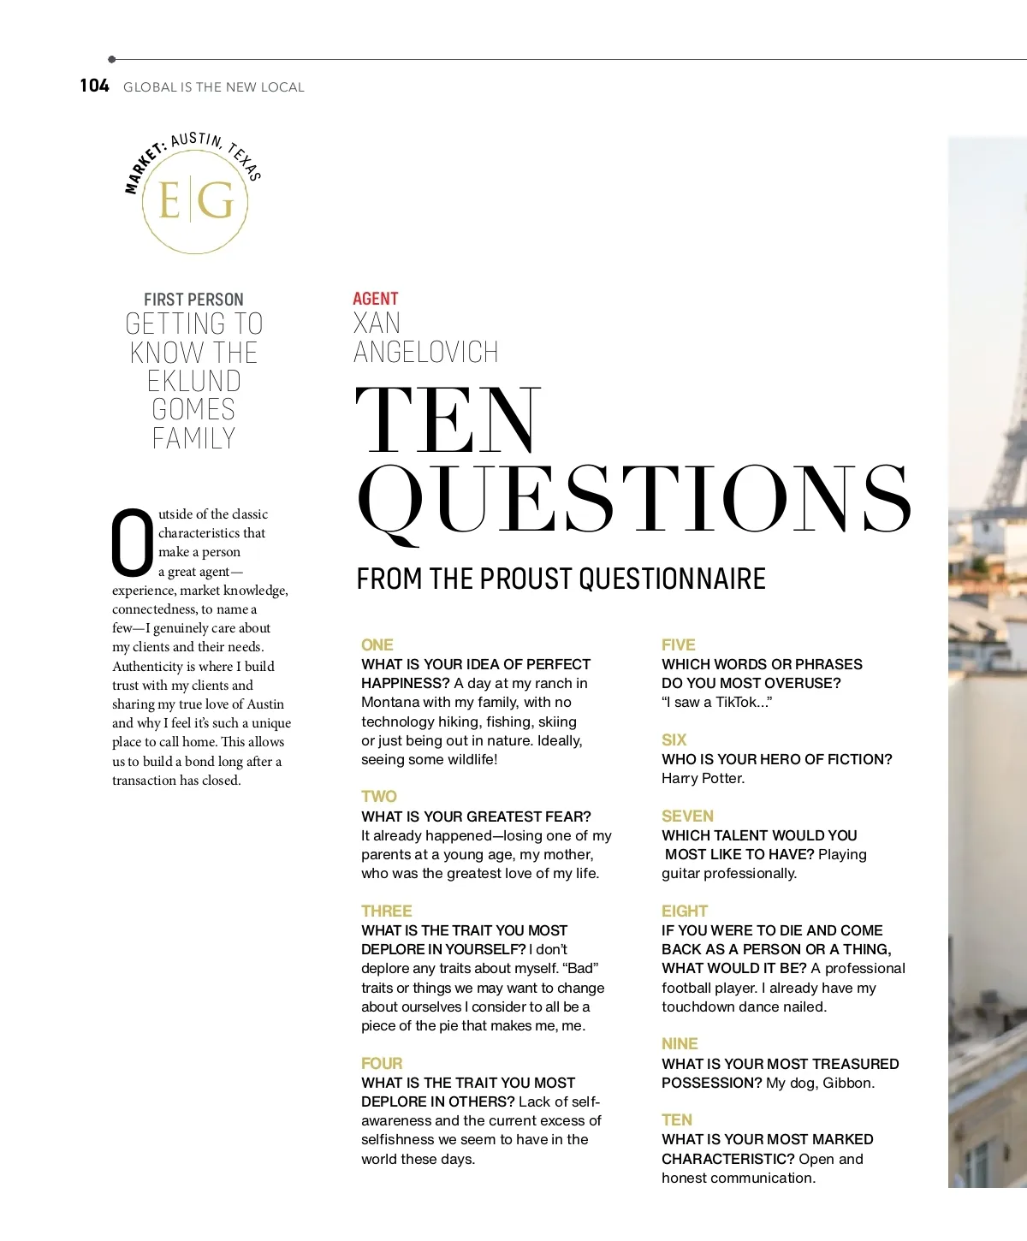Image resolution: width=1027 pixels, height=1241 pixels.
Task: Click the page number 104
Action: point(94,86)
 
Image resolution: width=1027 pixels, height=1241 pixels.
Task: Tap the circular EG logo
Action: point(195,202)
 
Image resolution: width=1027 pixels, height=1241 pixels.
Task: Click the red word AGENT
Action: point(375,299)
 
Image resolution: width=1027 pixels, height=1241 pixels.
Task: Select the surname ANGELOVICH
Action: point(425,352)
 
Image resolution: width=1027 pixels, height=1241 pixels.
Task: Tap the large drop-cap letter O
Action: point(133,543)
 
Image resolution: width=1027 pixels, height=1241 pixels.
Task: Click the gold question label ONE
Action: point(377,644)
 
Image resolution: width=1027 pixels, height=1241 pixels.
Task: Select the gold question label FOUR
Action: point(382,1063)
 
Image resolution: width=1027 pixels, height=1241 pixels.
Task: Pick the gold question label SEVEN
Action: point(687,816)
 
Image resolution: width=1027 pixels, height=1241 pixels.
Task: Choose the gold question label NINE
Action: point(680,1043)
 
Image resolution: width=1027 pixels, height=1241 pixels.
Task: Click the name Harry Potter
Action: point(703,778)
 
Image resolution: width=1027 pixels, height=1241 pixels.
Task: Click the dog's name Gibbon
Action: point(848,1083)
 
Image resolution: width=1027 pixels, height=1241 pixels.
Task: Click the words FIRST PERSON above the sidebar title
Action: point(193,300)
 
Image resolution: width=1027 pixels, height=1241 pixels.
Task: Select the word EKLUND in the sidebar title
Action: point(193,381)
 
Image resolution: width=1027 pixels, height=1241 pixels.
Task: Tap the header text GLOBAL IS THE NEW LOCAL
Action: point(213,87)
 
